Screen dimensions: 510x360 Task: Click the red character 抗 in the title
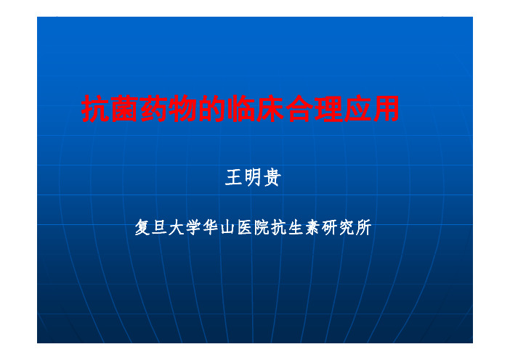(95, 109)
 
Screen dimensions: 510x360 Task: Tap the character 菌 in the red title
(124, 109)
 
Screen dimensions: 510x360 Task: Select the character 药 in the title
(153, 109)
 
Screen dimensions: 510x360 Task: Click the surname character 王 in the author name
(234, 177)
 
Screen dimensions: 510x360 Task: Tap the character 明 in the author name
(253, 177)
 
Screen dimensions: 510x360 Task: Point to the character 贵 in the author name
(272, 177)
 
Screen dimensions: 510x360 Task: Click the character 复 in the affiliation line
(143, 227)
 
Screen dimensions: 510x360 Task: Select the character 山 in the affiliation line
(227, 227)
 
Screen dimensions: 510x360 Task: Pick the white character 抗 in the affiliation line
(279, 227)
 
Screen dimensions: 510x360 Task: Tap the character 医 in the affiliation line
(245, 227)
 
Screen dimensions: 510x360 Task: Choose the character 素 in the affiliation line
(312, 227)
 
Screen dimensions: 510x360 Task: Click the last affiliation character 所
(364, 227)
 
